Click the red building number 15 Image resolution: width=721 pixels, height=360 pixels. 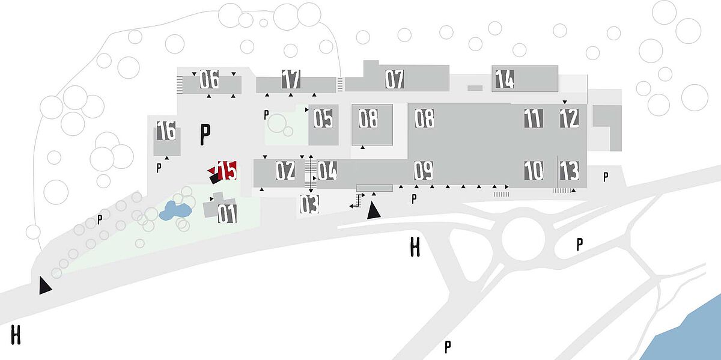click(x=227, y=170)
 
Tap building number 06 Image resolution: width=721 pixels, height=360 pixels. click(x=209, y=79)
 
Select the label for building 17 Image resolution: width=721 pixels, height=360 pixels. click(x=291, y=79)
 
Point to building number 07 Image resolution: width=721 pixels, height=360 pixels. click(x=395, y=79)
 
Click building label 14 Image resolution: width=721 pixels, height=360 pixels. click(x=504, y=79)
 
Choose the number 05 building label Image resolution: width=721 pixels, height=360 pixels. click(x=323, y=118)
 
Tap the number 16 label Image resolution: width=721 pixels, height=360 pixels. click(x=166, y=130)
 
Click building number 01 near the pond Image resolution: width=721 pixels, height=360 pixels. click(x=227, y=214)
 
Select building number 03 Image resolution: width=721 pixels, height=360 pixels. click(x=309, y=204)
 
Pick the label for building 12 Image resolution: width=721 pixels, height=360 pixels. click(x=569, y=118)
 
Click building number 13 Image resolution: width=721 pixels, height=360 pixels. click(x=569, y=170)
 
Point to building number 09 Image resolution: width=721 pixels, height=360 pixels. click(x=424, y=170)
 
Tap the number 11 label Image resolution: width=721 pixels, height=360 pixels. click(x=534, y=118)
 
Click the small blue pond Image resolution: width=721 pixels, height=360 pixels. click(x=175, y=211)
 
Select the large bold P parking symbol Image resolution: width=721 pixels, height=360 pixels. click(x=205, y=134)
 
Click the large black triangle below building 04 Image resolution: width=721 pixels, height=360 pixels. click(x=373, y=210)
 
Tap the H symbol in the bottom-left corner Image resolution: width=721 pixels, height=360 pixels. click(x=16, y=335)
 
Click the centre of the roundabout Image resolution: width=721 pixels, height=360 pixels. click(x=523, y=239)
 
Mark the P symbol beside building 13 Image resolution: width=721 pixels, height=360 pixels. click(x=606, y=177)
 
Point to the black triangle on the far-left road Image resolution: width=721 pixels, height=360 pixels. click(x=45, y=285)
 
